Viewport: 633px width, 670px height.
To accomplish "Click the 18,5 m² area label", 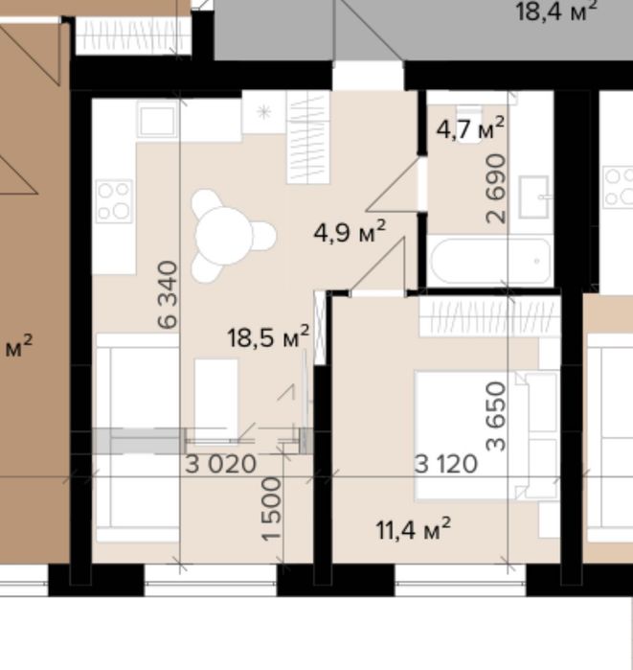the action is coord(268,336).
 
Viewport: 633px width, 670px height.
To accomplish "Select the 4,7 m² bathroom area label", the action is coord(470,127).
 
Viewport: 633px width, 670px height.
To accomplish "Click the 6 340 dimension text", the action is coord(168,295).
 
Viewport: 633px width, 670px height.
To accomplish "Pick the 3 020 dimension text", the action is coord(220,464).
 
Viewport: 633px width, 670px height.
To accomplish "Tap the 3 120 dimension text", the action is coord(446,464).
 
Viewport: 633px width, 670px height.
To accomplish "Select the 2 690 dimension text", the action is coord(496,189).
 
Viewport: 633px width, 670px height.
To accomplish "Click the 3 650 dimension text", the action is coord(496,417).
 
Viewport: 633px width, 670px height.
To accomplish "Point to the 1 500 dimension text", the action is coord(272,509).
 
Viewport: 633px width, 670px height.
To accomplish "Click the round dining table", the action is coord(224,236).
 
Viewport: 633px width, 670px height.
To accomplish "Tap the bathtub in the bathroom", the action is coord(490,261).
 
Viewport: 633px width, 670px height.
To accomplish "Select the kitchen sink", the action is coord(157,119).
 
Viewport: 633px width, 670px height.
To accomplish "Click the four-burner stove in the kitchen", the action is coord(114,201).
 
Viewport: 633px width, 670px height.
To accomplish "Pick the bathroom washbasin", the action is coord(533,197).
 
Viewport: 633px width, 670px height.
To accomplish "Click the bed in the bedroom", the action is coord(486,435).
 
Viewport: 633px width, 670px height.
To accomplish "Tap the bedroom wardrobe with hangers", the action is coord(489,316).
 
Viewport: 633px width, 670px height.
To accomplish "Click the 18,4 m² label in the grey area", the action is coord(555,12).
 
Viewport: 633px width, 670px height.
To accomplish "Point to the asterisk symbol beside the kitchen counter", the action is coord(264,112).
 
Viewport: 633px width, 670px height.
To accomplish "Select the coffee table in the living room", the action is coord(216,399).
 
